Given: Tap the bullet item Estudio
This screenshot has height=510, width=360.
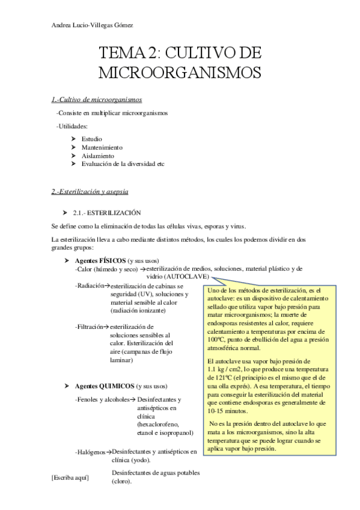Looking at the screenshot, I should tap(91, 139).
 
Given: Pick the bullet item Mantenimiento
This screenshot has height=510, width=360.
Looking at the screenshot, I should tap(101, 147).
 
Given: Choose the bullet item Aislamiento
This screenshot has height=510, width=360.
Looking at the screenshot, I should tap(97, 155).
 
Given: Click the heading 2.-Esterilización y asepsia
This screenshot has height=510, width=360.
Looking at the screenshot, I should tap(90, 192).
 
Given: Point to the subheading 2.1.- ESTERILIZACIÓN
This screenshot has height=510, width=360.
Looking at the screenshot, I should tap(106, 212).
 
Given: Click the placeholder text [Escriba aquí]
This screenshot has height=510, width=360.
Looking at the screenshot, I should tap(70, 477).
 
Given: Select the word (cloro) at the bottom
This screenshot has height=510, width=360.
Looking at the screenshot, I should tap(123, 481).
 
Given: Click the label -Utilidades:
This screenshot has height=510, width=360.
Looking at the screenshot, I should tap(72, 126).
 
